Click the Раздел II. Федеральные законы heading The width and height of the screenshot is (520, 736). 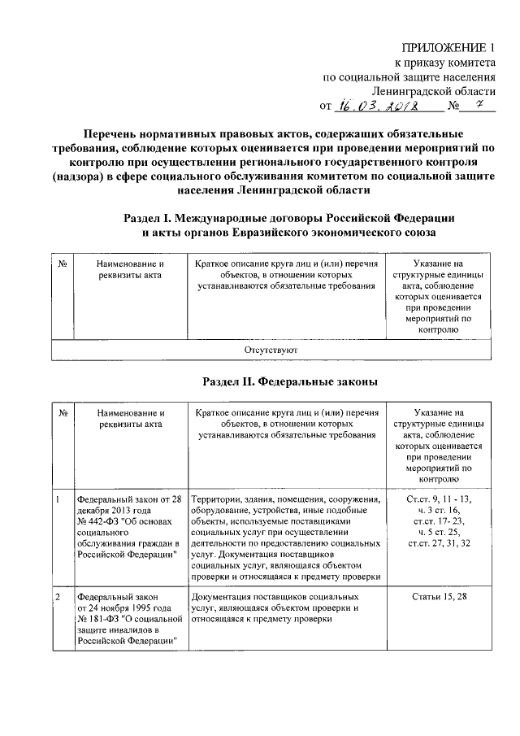coord(288,381)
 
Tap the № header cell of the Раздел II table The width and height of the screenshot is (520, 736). coord(62,413)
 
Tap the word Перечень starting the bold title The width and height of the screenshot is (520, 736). coord(116,133)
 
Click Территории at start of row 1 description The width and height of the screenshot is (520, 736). coord(215,499)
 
